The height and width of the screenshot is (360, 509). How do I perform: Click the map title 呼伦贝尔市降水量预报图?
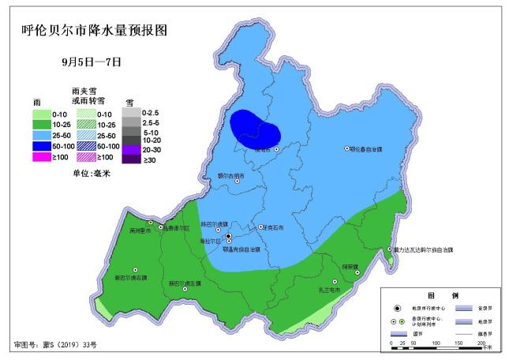[94, 32]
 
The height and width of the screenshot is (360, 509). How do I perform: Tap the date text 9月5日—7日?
[92, 60]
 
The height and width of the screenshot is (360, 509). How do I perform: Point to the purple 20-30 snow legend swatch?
[133, 149]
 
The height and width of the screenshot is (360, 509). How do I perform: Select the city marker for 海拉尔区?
[229, 236]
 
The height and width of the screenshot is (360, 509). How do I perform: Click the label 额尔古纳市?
[231, 175]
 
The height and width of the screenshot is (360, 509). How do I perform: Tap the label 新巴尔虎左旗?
[185, 283]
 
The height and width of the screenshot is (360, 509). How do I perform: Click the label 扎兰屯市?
[329, 290]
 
